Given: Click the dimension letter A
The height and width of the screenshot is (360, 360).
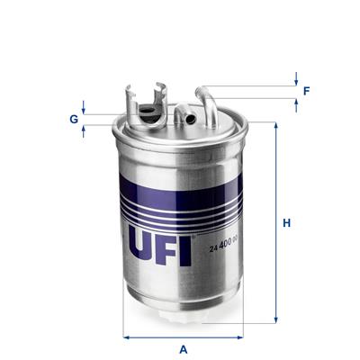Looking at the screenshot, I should coord(183,348).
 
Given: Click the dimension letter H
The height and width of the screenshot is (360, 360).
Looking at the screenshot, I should coord(287,221).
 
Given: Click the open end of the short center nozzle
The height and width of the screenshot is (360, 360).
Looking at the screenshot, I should coord(187,116).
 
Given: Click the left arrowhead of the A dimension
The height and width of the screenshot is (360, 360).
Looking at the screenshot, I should coord(125,337).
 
